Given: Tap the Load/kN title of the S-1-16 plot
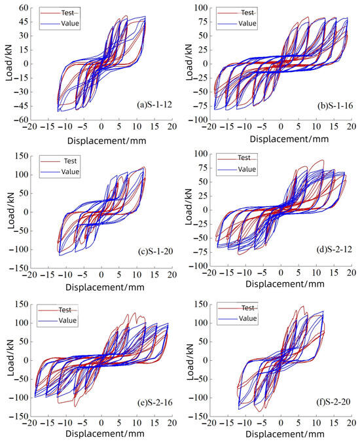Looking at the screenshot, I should pos(186,64).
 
